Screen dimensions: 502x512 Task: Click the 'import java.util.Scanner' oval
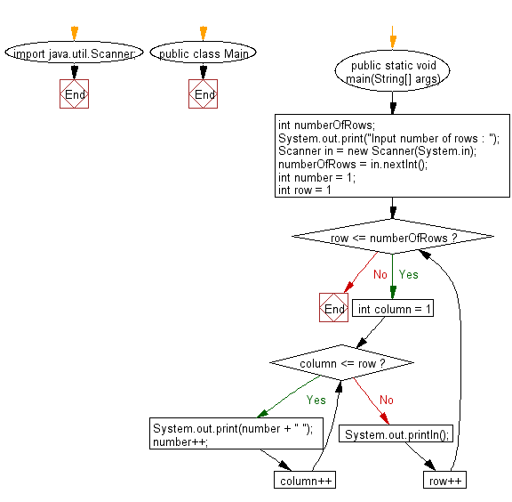[75, 53]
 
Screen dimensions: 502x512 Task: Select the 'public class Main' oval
[204, 53]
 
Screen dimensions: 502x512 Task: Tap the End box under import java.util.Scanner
[75, 94]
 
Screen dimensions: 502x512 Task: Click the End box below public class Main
[204, 94]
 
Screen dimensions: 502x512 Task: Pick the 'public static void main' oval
[392, 70]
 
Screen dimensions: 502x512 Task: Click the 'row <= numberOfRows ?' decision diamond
[392, 238]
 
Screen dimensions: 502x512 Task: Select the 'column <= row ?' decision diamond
[342, 363]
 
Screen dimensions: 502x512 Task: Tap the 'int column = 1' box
[393, 309]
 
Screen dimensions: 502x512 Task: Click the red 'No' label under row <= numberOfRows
[380, 275]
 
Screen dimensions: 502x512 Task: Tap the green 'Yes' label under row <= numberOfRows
[408, 275]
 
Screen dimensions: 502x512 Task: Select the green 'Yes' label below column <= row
[316, 400]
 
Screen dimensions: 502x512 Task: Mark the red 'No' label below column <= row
[386, 400]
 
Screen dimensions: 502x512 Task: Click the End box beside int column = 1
[334, 309]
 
